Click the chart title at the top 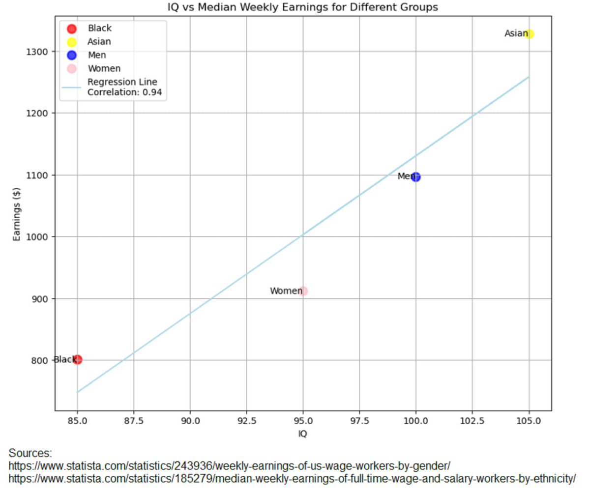[302, 7]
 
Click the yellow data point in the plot [529, 34]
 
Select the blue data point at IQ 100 [416, 177]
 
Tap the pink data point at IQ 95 [303, 291]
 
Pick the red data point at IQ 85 [77, 360]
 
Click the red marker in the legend [72, 29]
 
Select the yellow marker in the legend [72, 42]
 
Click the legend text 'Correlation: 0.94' [124, 91]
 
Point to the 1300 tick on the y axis [39, 52]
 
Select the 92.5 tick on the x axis [246, 421]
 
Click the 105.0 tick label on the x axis [529, 421]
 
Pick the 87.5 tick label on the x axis [134, 421]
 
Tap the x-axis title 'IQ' [303, 434]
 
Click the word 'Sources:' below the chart [30, 453]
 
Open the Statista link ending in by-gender [229, 465]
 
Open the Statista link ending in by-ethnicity [292, 478]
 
